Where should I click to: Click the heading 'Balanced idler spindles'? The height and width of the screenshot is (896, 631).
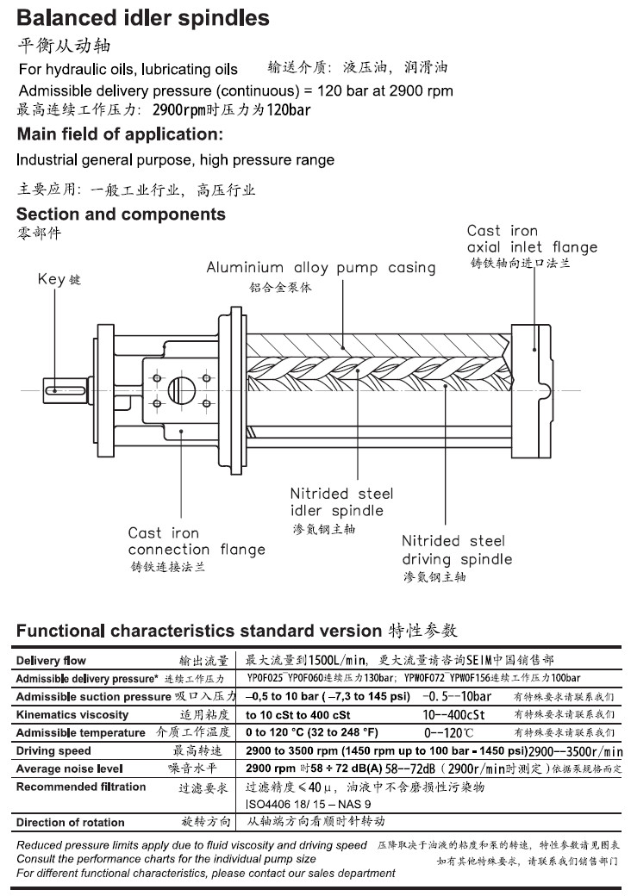(143, 18)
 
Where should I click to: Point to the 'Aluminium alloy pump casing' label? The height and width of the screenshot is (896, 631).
(321, 268)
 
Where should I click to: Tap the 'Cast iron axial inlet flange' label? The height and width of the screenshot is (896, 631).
(532, 239)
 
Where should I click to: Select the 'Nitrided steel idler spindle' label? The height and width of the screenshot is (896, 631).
(341, 502)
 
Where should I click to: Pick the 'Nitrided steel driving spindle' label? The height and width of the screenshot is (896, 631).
(457, 550)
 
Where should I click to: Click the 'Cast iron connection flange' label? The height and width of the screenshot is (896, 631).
(197, 541)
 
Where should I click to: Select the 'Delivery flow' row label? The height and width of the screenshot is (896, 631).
(51, 661)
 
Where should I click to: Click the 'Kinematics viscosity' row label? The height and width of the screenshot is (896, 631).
(72, 714)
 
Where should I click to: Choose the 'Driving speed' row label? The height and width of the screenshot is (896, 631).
(53, 750)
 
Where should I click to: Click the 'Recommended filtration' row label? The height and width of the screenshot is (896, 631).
(81, 787)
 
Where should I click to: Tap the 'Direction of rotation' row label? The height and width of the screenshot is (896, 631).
(71, 822)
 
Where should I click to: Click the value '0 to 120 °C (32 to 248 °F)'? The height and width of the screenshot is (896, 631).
(312, 732)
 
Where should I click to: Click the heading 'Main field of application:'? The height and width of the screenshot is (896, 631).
(120, 134)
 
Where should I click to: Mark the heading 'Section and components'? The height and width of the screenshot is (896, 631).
(121, 215)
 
